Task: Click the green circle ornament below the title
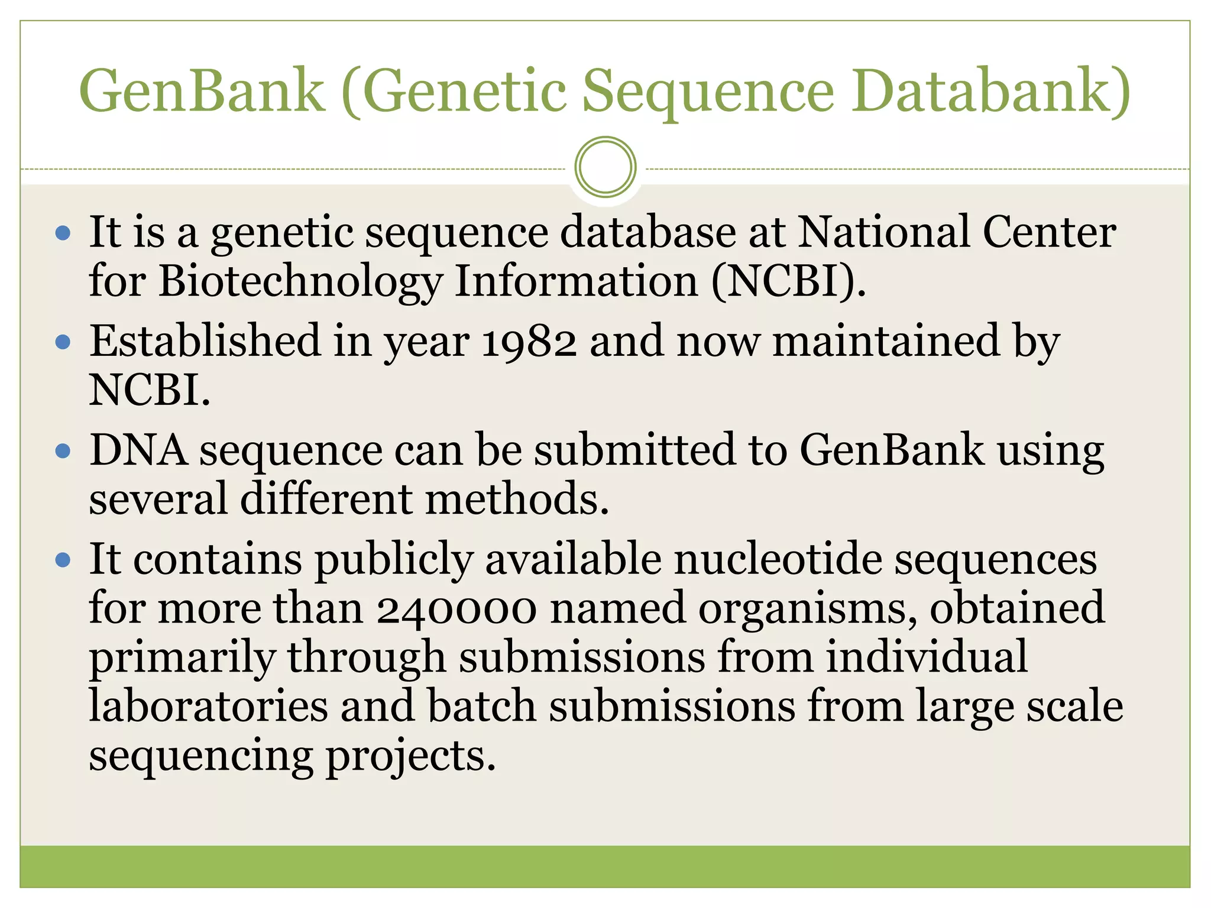pyautogui.click(x=605, y=167)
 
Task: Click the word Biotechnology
pyautogui.click(x=300, y=281)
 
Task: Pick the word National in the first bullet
pyautogui.click(x=883, y=232)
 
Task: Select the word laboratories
pyautogui.click(x=208, y=706)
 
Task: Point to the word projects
pyautogui.click(x=410, y=756)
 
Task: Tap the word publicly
pyautogui.click(x=393, y=560)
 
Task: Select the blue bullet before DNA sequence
pyautogui.click(x=63, y=452)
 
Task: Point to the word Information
pyautogui.click(x=577, y=281)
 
